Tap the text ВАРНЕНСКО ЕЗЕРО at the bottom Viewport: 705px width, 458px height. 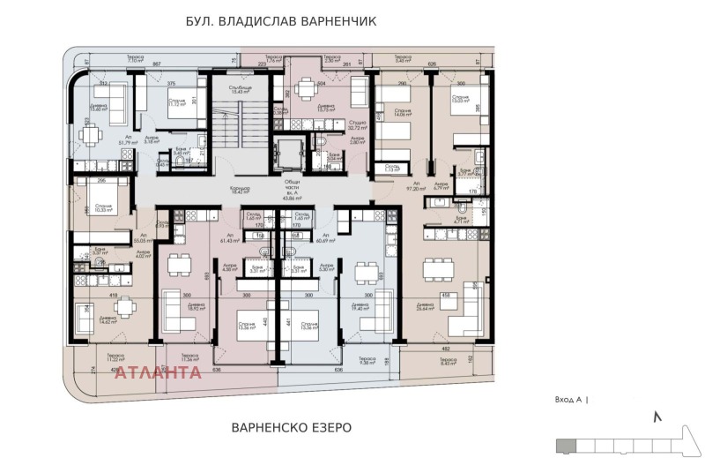point(291,427)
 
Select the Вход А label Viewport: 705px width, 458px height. point(571,400)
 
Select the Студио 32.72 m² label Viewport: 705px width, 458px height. point(357,125)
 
